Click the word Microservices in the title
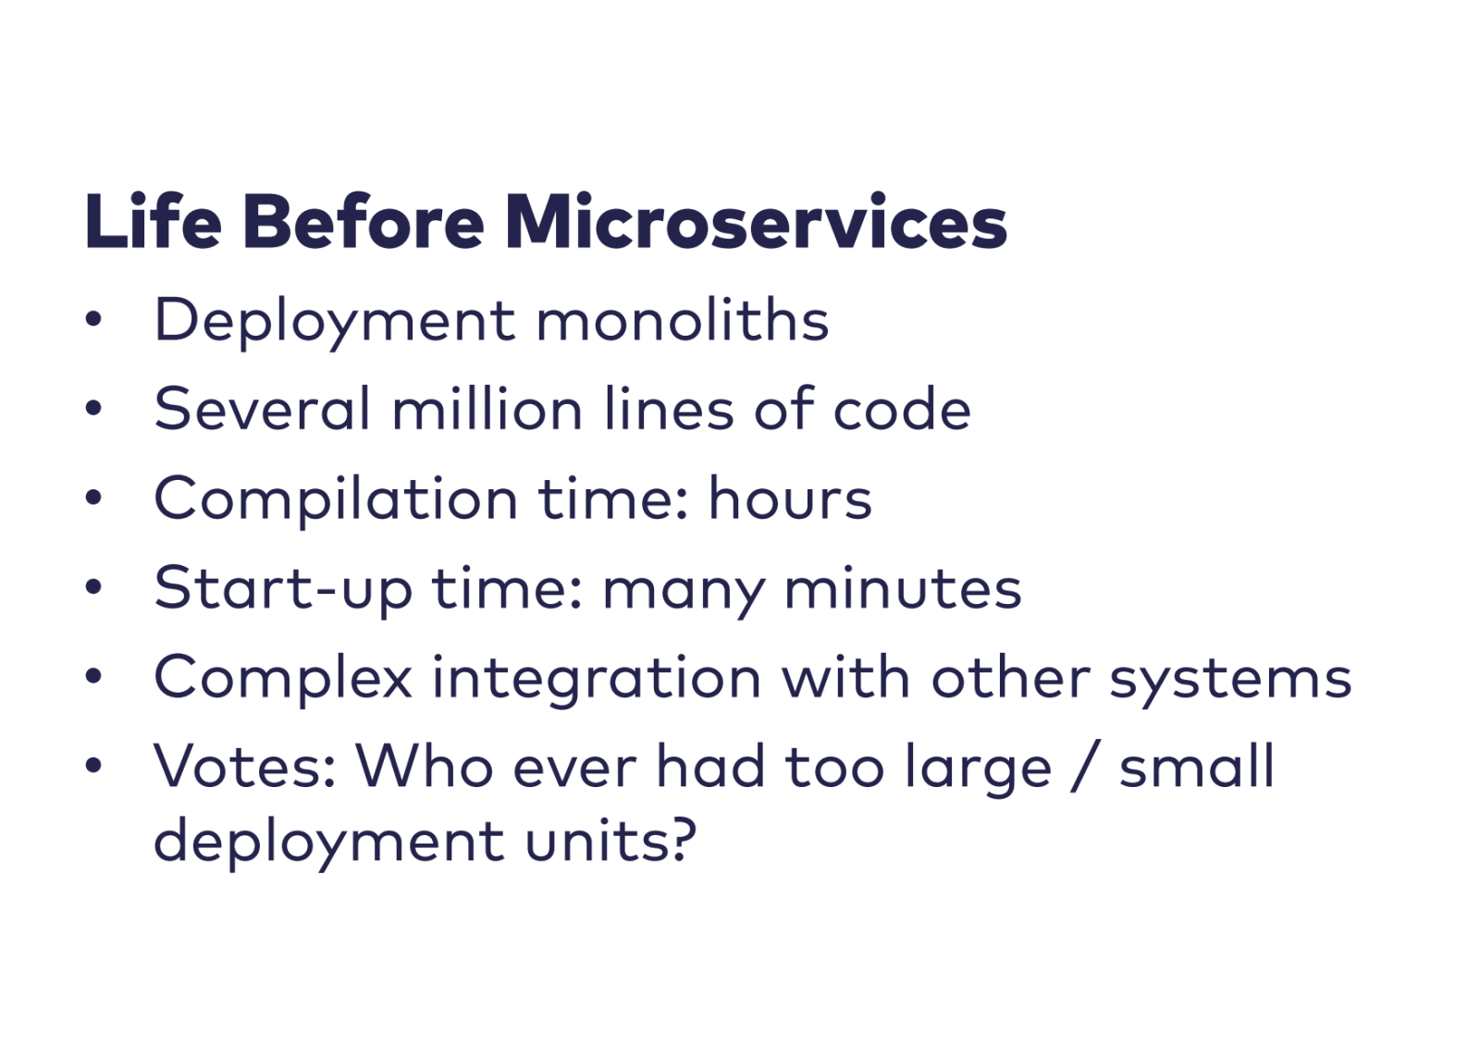(x=756, y=222)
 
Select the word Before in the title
(x=364, y=221)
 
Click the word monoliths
(x=683, y=319)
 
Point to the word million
(x=487, y=409)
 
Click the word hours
(x=790, y=498)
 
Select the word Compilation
(x=336, y=499)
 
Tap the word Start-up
(x=283, y=589)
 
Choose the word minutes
(x=903, y=587)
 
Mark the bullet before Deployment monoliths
(x=93, y=319)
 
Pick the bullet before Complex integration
(x=93, y=676)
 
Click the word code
(x=902, y=409)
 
